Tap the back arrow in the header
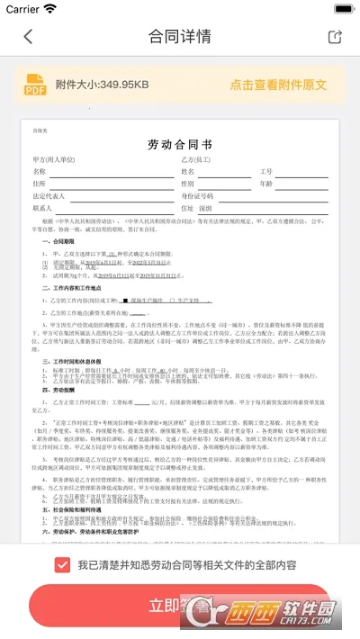click(28, 37)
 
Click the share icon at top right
click(335, 37)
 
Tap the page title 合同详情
click(180, 37)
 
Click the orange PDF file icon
click(35, 84)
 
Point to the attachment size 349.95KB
click(102, 85)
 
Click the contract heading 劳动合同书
click(180, 144)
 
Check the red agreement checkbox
click(62, 565)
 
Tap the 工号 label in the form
click(265, 171)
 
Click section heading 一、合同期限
click(58, 243)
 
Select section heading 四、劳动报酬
click(55, 391)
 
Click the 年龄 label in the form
click(265, 183)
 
